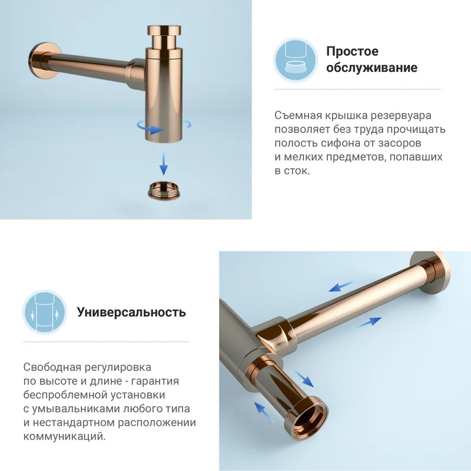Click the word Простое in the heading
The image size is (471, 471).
tap(352, 52)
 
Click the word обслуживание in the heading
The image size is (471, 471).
tap(372, 68)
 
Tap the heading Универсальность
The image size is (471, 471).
tap(131, 312)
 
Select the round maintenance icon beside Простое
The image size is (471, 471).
tap(296, 60)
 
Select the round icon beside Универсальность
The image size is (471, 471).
tap(45, 312)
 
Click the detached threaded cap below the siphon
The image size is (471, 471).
tap(165, 190)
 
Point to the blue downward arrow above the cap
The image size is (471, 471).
tap(164, 164)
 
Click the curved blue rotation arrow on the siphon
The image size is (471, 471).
tap(150, 128)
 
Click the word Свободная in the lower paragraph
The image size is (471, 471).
tap(52, 367)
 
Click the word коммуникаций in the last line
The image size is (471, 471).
tap(64, 436)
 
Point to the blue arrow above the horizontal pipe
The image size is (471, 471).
tap(341, 286)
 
